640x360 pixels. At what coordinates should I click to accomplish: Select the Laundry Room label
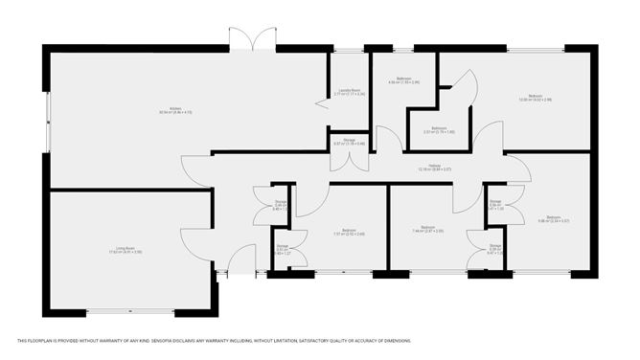[x=348, y=93]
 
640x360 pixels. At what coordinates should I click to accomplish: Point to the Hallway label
[x=433, y=167]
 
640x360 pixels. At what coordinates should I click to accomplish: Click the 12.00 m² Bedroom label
[x=535, y=97]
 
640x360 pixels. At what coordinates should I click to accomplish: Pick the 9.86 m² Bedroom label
[x=553, y=219]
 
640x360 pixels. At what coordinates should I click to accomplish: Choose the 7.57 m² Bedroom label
[x=349, y=231]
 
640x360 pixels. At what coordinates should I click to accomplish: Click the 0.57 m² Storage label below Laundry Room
[x=349, y=142]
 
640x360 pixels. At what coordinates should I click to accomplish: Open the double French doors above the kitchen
[x=253, y=40]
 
